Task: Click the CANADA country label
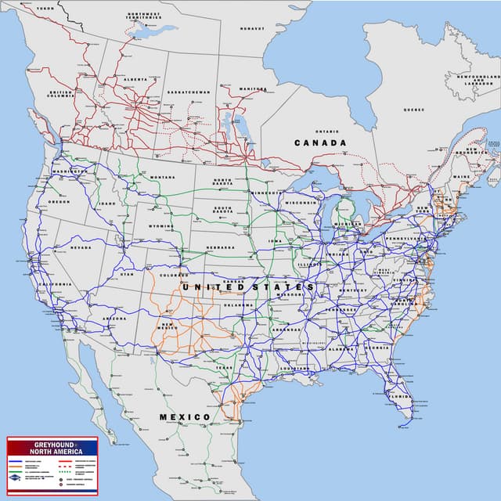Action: pyautogui.click(x=319, y=143)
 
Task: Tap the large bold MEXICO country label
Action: pyautogui.click(x=185, y=416)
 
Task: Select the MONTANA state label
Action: pyautogui.click(x=163, y=177)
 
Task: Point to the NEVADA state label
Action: pyautogui.click(x=81, y=247)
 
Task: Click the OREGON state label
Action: pyautogui.click(x=59, y=201)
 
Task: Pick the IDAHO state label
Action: pyautogui.click(x=107, y=204)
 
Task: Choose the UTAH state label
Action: pyautogui.click(x=127, y=274)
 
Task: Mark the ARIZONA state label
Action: pyautogui.click(x=114, y=319)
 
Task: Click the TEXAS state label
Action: pyautogui.click(x=225, y=366)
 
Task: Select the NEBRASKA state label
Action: pyautogui.click(x=221, y=247)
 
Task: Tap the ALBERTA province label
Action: pyautogui.click(x=135, y=79)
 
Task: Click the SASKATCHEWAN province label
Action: pyautogui.click(x=189, y=92)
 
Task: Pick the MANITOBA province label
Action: pyautogui.click(x=252, y=88)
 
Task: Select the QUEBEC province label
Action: pyautogui.click(x=413, y=110)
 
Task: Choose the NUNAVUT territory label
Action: pyautogui.click(x=253, y=28)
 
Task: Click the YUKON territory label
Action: pyautogui.click(x=46, y=7)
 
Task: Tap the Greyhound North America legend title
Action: pyautogui.click(x=52, y=447)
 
